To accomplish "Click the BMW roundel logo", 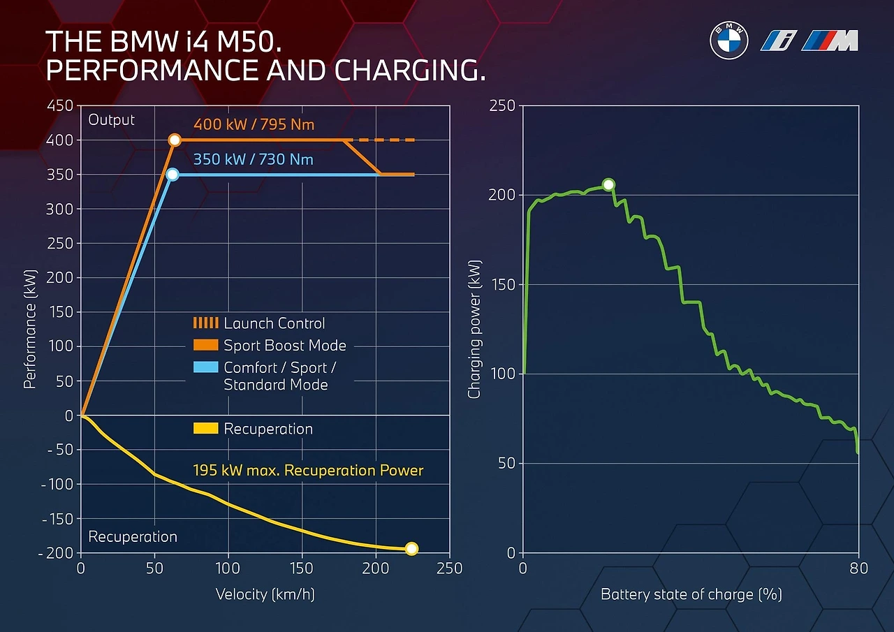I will click(729, 41).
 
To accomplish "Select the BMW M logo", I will click(830, 41).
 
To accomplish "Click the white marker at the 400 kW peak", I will click(175, 140).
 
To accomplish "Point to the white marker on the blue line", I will click(173, 175).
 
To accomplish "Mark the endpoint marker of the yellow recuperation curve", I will click(411, 549).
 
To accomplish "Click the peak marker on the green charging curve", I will click(608, 184).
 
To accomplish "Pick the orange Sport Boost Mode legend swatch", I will click(205, 345).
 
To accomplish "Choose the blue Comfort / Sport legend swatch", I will click(205, 367).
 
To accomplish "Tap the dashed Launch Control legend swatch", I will click(205, 323).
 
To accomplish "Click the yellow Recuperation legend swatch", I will click(205, 429).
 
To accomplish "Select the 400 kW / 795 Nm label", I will click(254, 125).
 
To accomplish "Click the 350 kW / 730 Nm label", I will click(254, 160).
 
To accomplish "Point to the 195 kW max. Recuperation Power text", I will click(308, 471).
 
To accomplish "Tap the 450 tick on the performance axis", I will click(59, 106).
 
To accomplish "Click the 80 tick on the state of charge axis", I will click(858, 568).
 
